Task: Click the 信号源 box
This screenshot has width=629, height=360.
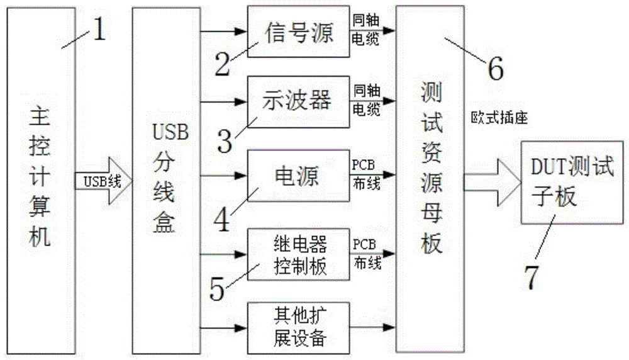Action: pos(298,30)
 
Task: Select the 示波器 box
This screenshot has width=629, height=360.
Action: pos(298,100)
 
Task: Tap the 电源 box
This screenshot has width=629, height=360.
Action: pos(298,175)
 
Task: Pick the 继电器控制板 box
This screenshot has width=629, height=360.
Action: pos(298,254)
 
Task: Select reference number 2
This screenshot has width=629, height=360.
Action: pos(221,63)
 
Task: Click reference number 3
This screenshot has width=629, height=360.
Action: pos(225,142)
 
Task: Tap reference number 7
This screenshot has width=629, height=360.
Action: pos(532,277)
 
